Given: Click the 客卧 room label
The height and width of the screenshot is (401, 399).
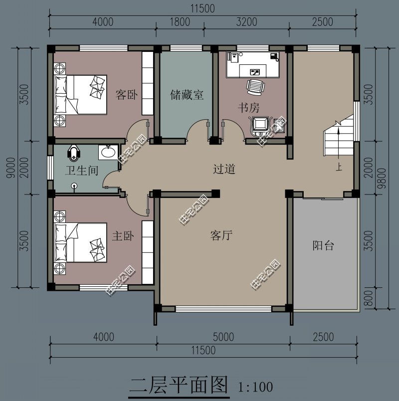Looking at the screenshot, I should click(126, 95).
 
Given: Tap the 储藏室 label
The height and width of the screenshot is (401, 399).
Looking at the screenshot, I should click(187, 95).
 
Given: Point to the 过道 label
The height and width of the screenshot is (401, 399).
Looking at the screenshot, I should click(224, 169).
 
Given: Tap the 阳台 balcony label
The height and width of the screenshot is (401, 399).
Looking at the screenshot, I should click(323, 245).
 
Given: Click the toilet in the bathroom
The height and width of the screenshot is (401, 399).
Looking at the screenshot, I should click(74, 152).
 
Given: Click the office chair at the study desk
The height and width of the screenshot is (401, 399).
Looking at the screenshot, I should click(255, 87).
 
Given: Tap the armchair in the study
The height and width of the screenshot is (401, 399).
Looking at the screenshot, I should click(261, 124).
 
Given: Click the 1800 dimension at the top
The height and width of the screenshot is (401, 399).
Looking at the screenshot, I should click(180, 22).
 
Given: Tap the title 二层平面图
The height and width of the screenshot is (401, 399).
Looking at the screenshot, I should click(178, 386).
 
